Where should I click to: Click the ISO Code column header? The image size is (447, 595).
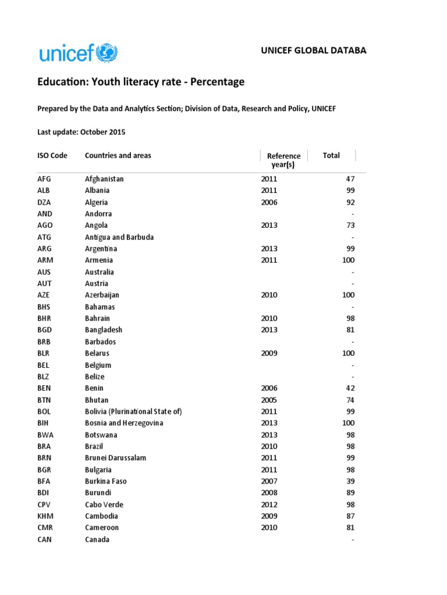click(x=52, y=156)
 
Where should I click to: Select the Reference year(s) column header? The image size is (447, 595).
click(x=283, y=160)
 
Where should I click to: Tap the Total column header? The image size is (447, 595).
click(x=331, y=156)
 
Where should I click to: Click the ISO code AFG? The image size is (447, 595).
click(x=45, y=179)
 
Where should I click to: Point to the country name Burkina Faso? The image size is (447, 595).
click(x=105, y=481)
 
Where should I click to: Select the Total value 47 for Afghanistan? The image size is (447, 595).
click(x=350, y=179)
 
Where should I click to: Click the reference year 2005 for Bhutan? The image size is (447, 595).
click(x=269, y=400)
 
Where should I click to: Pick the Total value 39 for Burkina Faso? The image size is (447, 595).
click(x=350, y=481)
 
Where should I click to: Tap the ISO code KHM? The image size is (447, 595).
click(x=45, y=516)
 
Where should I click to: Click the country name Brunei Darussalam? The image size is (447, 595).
click(x=115, y=458)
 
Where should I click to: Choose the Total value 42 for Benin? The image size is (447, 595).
click(x=350, y=388)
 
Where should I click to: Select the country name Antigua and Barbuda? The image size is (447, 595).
click(x=119, y=237)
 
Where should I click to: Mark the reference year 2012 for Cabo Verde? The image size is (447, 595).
click(x=269, y=504)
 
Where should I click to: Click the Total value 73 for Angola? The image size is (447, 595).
click(x=350, y=225)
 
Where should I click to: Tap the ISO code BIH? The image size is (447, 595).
click(x=44, y=423)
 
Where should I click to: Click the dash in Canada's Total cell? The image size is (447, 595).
click(x=352, y=540)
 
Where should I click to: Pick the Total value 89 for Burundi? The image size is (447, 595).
click(x=350, y=493)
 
